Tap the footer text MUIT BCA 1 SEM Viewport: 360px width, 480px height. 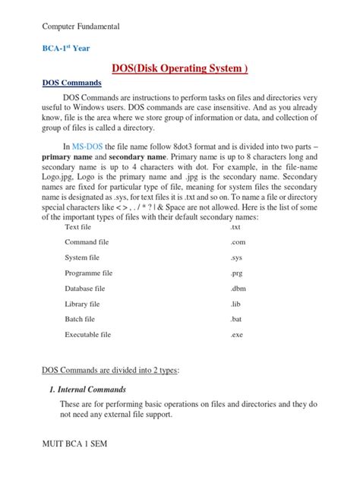point(79,462)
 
